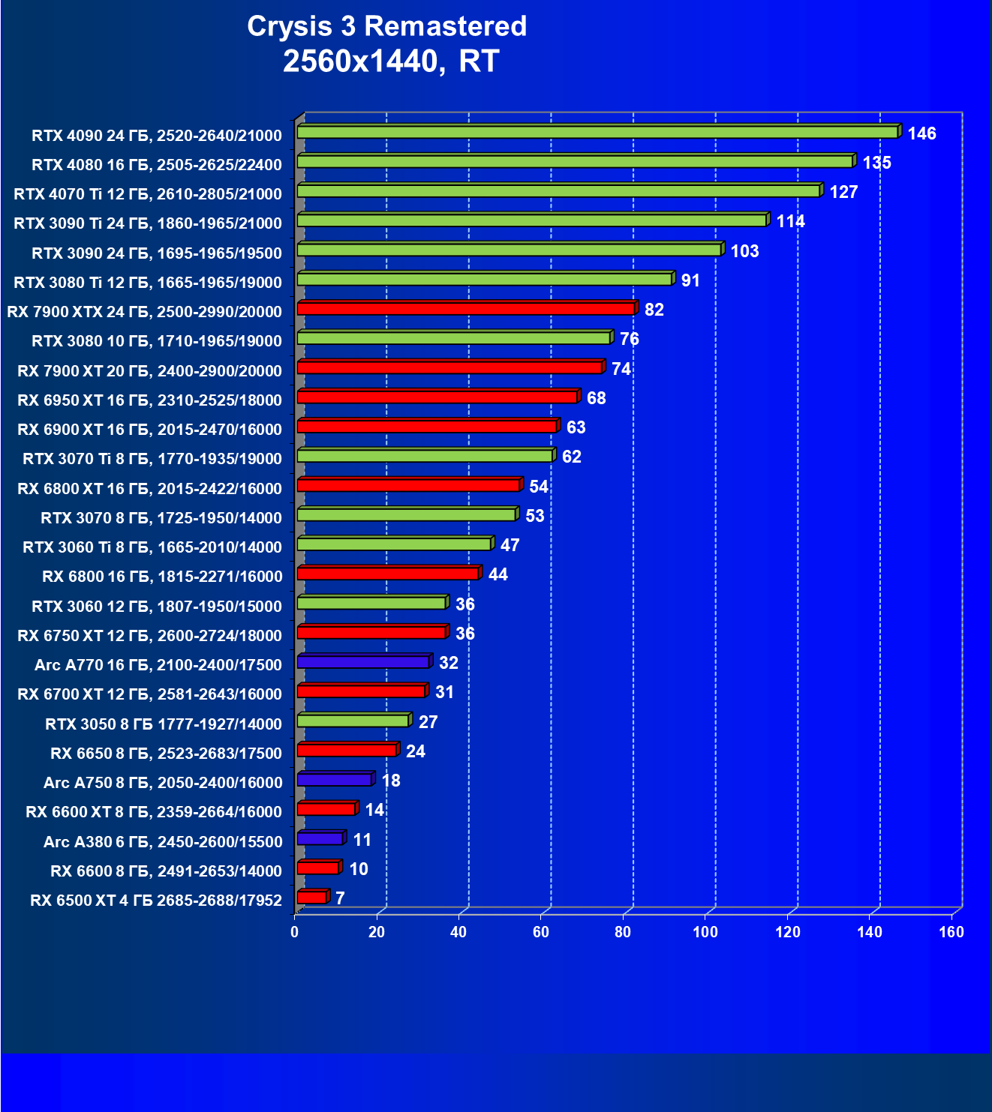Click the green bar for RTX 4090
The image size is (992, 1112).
point(597,133)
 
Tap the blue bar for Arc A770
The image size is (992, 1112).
point(363,662)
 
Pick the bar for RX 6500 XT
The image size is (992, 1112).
point(311,898)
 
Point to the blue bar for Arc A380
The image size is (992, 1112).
point(320,839)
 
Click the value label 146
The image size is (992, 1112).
point(921,133)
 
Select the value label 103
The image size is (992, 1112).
point(744,251)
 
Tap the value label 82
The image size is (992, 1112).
point(654,310)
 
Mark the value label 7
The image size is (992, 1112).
point(340,898)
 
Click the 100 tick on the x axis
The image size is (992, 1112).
point(705,932)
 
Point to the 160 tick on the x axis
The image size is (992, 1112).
point(951,932)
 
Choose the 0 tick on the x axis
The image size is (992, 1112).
point(294,932)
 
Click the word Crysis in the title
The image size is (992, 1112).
point(290,27)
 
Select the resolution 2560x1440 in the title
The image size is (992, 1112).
point(359,61)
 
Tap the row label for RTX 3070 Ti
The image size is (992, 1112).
point(152,459)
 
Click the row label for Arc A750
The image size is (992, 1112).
point(163,783)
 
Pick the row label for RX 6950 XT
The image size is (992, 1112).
point(150,400)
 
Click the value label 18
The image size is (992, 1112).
point(390,781)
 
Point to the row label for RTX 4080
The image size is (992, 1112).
point(157,165)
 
